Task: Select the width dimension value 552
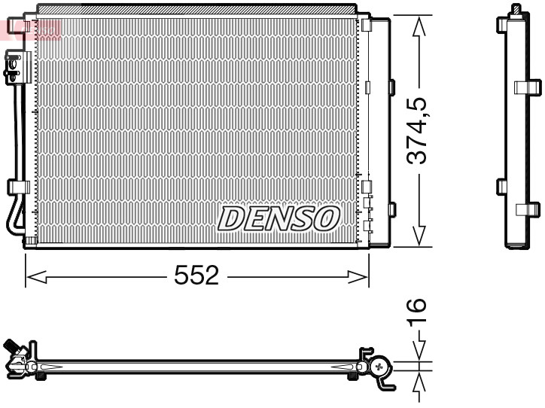[x=196, y=276]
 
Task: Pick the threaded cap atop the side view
[x=516, y=10]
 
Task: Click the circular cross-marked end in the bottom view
[x=379, y=367]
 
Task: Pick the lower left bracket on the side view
[x=502, y=186]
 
